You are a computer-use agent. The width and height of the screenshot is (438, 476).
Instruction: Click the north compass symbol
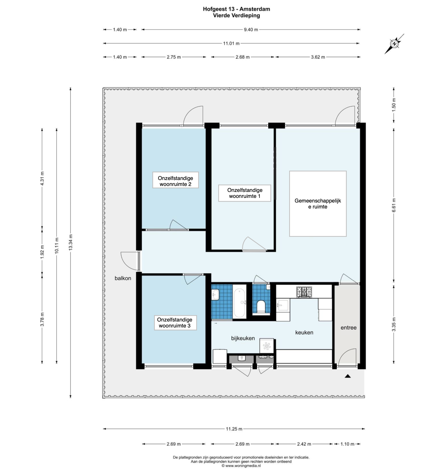[x=394, y=44]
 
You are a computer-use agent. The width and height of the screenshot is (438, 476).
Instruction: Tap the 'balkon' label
[x=123, y=278]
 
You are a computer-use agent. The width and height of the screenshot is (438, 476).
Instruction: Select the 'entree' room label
[x=348, y=327]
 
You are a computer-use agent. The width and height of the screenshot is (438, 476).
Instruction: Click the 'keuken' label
[x=304, y=332]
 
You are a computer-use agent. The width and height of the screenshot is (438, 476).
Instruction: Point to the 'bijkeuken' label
[x=243, y=338]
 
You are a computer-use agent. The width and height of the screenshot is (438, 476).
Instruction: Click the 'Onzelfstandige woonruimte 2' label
[x=175, y=181]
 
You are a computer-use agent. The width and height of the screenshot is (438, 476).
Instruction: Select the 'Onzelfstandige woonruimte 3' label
[x=175, y=323]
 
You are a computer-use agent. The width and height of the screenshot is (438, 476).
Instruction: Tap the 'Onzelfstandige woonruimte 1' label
[x=245, y=193]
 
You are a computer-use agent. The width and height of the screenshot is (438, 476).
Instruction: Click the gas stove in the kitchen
[x=304, y=292]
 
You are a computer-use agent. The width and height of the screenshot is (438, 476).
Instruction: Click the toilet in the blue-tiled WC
[x=261, y=306]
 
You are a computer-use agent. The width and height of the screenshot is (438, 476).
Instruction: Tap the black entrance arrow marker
[x=348, y=376]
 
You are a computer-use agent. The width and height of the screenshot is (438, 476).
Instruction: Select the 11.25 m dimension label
[x=234, y=429]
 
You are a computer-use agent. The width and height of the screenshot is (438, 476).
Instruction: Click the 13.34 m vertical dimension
[x=70, y=242]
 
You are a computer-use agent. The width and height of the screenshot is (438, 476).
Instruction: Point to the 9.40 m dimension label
[x=251, y=30]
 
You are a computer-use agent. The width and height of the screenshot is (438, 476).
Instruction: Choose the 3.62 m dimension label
[x=318, y=57]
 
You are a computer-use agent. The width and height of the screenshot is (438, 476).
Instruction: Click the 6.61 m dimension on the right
[x=394, y=205]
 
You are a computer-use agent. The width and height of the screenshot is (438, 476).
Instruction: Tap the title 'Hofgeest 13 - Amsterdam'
[x=237, y=9]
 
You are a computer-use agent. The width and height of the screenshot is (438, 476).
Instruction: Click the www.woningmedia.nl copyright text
[x=241, y=466]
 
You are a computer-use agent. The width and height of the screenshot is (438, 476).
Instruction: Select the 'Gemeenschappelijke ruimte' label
[x=318, y=204]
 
